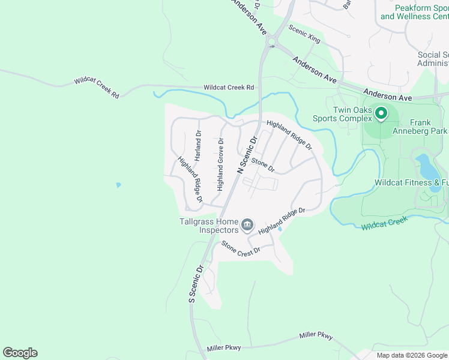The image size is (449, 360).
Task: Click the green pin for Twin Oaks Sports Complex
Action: point(381,113)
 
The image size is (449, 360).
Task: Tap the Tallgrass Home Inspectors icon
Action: point(247,226)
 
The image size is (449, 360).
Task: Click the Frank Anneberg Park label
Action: point(420,126)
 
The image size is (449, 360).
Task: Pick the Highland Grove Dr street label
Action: point(220,164)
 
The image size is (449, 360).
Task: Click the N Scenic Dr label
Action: point(247,155)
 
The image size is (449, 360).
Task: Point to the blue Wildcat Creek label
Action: point(384,223)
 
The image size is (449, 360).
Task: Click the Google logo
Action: point(20,353)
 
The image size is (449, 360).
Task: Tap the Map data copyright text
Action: point(411,355)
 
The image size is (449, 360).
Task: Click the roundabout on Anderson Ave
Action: point(272,43)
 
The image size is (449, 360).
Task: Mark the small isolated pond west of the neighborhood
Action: point(118,185)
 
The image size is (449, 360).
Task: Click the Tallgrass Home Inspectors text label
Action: point(209,226)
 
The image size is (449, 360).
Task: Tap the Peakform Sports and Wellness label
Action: point(414,12)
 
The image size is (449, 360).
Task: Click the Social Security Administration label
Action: point(433,59)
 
